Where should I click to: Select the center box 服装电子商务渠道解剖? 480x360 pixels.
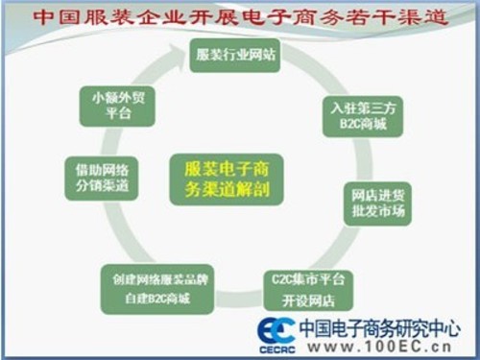227,179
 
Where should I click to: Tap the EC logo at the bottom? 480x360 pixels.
276,329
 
